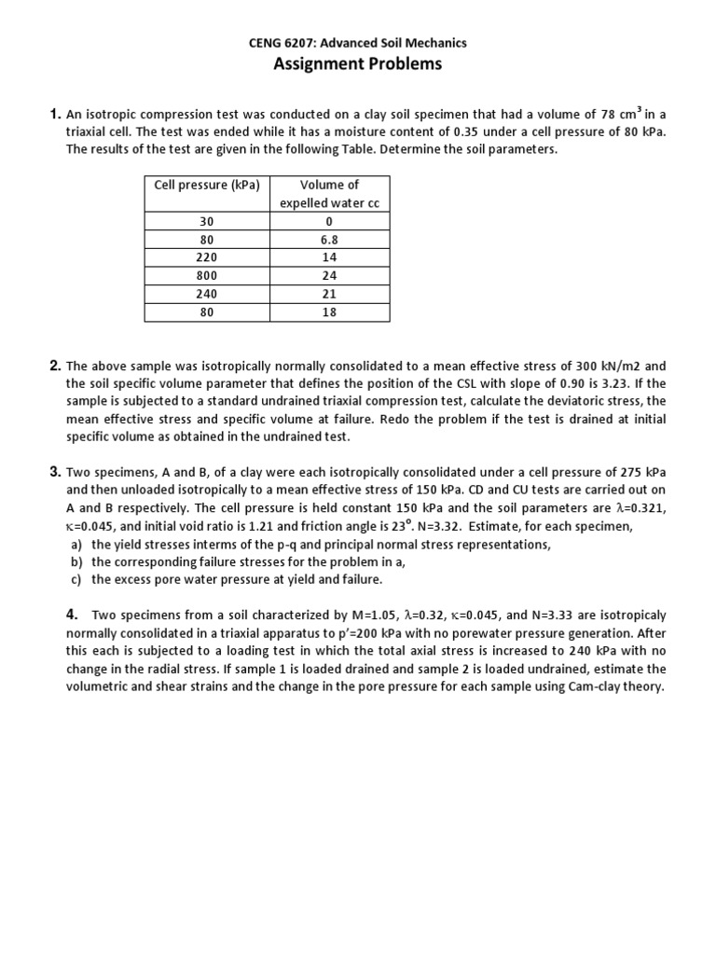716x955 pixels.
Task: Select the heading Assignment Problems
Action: (x=357, y=64)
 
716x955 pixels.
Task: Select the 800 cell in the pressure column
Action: (x=206, y=276)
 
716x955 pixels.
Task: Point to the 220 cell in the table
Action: (x=206, y=258)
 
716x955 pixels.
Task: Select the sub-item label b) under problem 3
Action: (x=76, y=561)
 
